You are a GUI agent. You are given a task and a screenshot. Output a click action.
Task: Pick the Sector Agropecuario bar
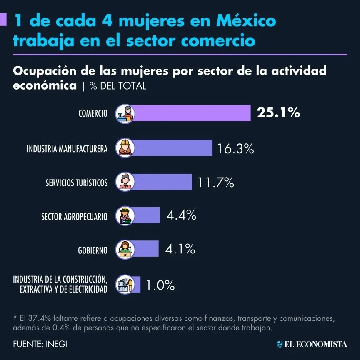[x=147, y=215]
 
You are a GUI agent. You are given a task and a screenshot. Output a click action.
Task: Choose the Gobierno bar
[x=147, y=249]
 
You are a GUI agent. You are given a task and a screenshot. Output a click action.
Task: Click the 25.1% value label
[x=278, y=112]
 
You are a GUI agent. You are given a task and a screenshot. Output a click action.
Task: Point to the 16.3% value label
[x=235, y=148]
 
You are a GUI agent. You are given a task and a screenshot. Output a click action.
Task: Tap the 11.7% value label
[x=216, y=182]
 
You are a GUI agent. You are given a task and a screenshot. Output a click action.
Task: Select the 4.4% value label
[x=181, y=215]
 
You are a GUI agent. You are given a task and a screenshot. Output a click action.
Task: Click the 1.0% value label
[x=160, y=285]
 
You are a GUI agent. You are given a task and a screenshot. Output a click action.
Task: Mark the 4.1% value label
[x=180, y=249]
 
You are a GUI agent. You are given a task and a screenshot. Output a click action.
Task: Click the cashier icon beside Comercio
[x=125, y=113]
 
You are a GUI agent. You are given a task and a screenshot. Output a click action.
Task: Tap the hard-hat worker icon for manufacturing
[x=125, y=147]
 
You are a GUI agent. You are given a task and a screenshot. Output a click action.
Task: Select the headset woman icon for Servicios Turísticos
[x=125, y=182]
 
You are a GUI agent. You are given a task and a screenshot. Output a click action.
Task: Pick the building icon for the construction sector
[x=125, y=285]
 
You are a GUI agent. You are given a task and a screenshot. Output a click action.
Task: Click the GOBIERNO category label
[x=93, y=250]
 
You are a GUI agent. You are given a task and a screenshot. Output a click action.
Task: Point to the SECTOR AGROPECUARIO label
[x=74, y=217]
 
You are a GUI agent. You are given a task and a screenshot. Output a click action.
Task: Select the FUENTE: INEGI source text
[x=40, y=344]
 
